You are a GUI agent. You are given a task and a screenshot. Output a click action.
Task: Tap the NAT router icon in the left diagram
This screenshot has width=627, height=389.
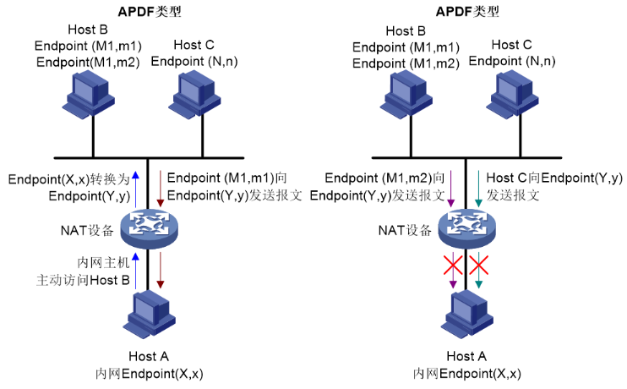coord(149,227)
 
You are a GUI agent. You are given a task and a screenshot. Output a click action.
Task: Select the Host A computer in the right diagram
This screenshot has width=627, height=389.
coord(466,313)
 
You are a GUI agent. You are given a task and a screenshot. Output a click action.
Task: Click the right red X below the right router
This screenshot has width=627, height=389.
coord(479,267)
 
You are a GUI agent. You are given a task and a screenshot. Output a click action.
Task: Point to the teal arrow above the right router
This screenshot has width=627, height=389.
coord(478,188)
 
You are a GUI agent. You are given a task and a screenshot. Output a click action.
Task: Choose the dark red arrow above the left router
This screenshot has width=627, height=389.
coord(161,188)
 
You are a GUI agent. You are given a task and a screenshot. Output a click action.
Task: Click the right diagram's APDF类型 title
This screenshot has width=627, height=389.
coord(466,12)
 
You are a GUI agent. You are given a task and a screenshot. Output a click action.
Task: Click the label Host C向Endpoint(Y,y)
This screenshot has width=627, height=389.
coord(554,178)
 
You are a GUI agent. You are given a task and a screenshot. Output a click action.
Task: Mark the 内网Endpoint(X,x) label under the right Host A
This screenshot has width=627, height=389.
coord(466,373)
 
